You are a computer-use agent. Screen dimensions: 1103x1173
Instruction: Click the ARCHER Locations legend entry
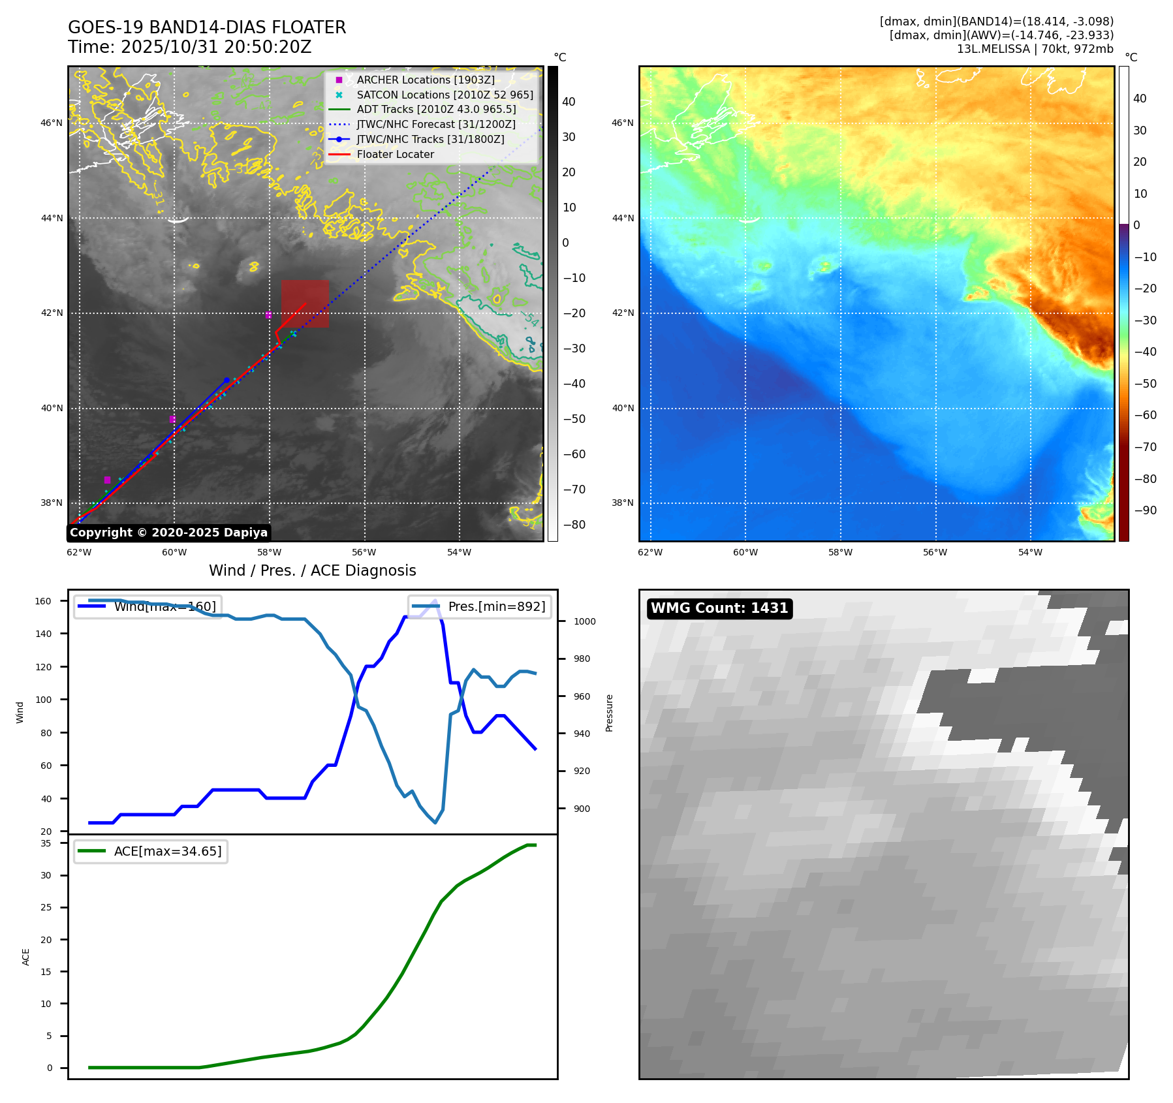(x=425, y=80)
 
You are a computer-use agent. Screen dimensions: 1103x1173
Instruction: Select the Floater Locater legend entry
(x=395, y=154)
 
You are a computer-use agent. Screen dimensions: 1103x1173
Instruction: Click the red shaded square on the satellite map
(x=305, y=303)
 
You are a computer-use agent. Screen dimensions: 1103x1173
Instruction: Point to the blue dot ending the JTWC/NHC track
(x=227, y=380)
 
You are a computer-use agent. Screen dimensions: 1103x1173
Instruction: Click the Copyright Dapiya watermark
(x=168, y=533)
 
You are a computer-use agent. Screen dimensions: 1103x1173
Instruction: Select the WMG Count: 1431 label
(x=719, y=608)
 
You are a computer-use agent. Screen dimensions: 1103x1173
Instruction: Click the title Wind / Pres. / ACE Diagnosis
(x=312, y=570)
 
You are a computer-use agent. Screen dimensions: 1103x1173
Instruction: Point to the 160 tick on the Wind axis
(x=43, y=601)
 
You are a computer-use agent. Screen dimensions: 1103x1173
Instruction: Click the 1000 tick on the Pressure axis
(x=584, y=621)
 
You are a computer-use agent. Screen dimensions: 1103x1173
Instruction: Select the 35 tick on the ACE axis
(x=46, y=843)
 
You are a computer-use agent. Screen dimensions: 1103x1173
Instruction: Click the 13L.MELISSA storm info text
(x=1035, y=49)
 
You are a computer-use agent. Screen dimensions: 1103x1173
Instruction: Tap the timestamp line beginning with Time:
(x=189, y=47)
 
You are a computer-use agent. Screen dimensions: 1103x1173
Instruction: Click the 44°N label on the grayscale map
(x=52, y=218)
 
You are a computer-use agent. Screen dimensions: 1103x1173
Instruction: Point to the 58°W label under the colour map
(x=840, y=552)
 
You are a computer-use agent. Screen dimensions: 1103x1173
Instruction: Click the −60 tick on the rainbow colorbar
(x=1145, y=415)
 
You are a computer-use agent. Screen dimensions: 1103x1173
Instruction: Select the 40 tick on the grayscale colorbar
(x=569, y=102)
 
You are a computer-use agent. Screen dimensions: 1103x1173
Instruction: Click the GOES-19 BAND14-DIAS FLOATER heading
(x=207, y=27)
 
